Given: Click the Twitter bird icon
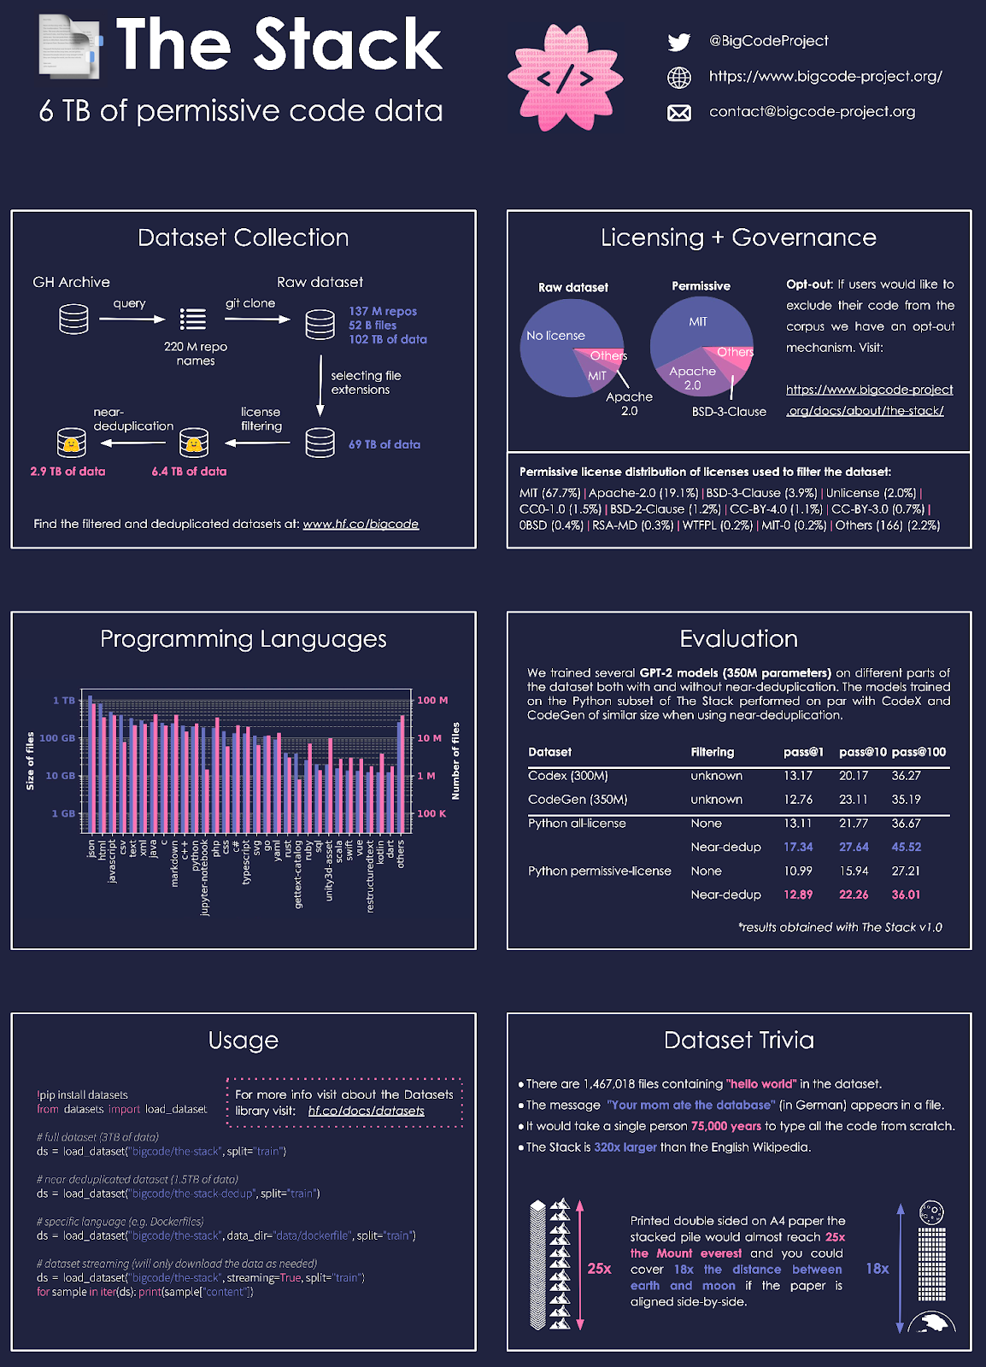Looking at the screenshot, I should pos(679,42).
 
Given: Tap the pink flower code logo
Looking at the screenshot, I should pos(565,78).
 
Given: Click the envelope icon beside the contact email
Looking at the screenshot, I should pos(679,113).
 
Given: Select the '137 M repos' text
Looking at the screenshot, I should pos(383,311).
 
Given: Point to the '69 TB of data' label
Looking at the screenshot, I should pos(384,444).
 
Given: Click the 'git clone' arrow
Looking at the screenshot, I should pos(257,320).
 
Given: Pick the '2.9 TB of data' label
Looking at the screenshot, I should pos(67,472).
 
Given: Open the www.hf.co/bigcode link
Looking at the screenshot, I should pos(361,524).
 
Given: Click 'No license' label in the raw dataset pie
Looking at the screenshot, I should pos(555,336).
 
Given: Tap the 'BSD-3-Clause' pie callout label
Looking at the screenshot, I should pos(729,412).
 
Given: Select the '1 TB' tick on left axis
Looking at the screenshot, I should pos(64,701).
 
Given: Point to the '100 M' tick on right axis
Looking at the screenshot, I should pos(432,701).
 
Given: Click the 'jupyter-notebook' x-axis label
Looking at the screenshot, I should pos(205,877).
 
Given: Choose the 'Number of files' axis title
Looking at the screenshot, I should pos(455,760).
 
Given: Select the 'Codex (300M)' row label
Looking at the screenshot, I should pos(568,776).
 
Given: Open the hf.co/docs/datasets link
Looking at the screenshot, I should pos(366,1111).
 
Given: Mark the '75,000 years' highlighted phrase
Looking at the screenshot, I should pos(725,1126).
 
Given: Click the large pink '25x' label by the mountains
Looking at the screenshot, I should pos(599,1269).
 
